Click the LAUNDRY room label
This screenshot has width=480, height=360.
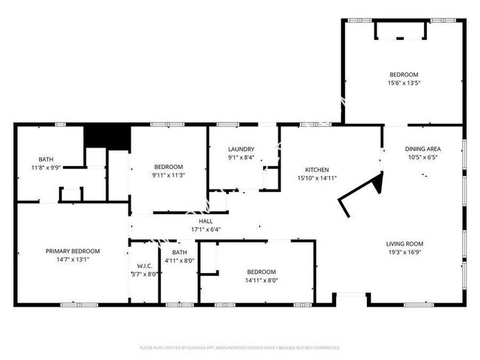tap(241, 148)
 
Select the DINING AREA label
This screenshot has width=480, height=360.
tap(423, 148)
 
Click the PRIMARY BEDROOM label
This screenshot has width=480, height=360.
tap(72, 252)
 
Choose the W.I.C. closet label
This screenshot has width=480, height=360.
tap(145, 266)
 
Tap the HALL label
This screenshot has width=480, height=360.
tap(205, 221)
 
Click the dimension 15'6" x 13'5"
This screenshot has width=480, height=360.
tap(404, 83)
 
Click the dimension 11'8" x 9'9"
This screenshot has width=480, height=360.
tap(46, 168)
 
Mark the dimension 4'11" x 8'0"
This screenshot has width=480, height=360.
tap(178, 260)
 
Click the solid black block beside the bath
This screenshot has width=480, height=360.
tap(106, 136)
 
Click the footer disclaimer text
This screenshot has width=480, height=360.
tap(240, 347)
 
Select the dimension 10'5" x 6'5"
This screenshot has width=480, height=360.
tap(423, 157)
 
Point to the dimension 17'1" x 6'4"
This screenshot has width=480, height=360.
tap(205, 229)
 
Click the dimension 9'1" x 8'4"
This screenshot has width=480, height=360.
tap(241, 157)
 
